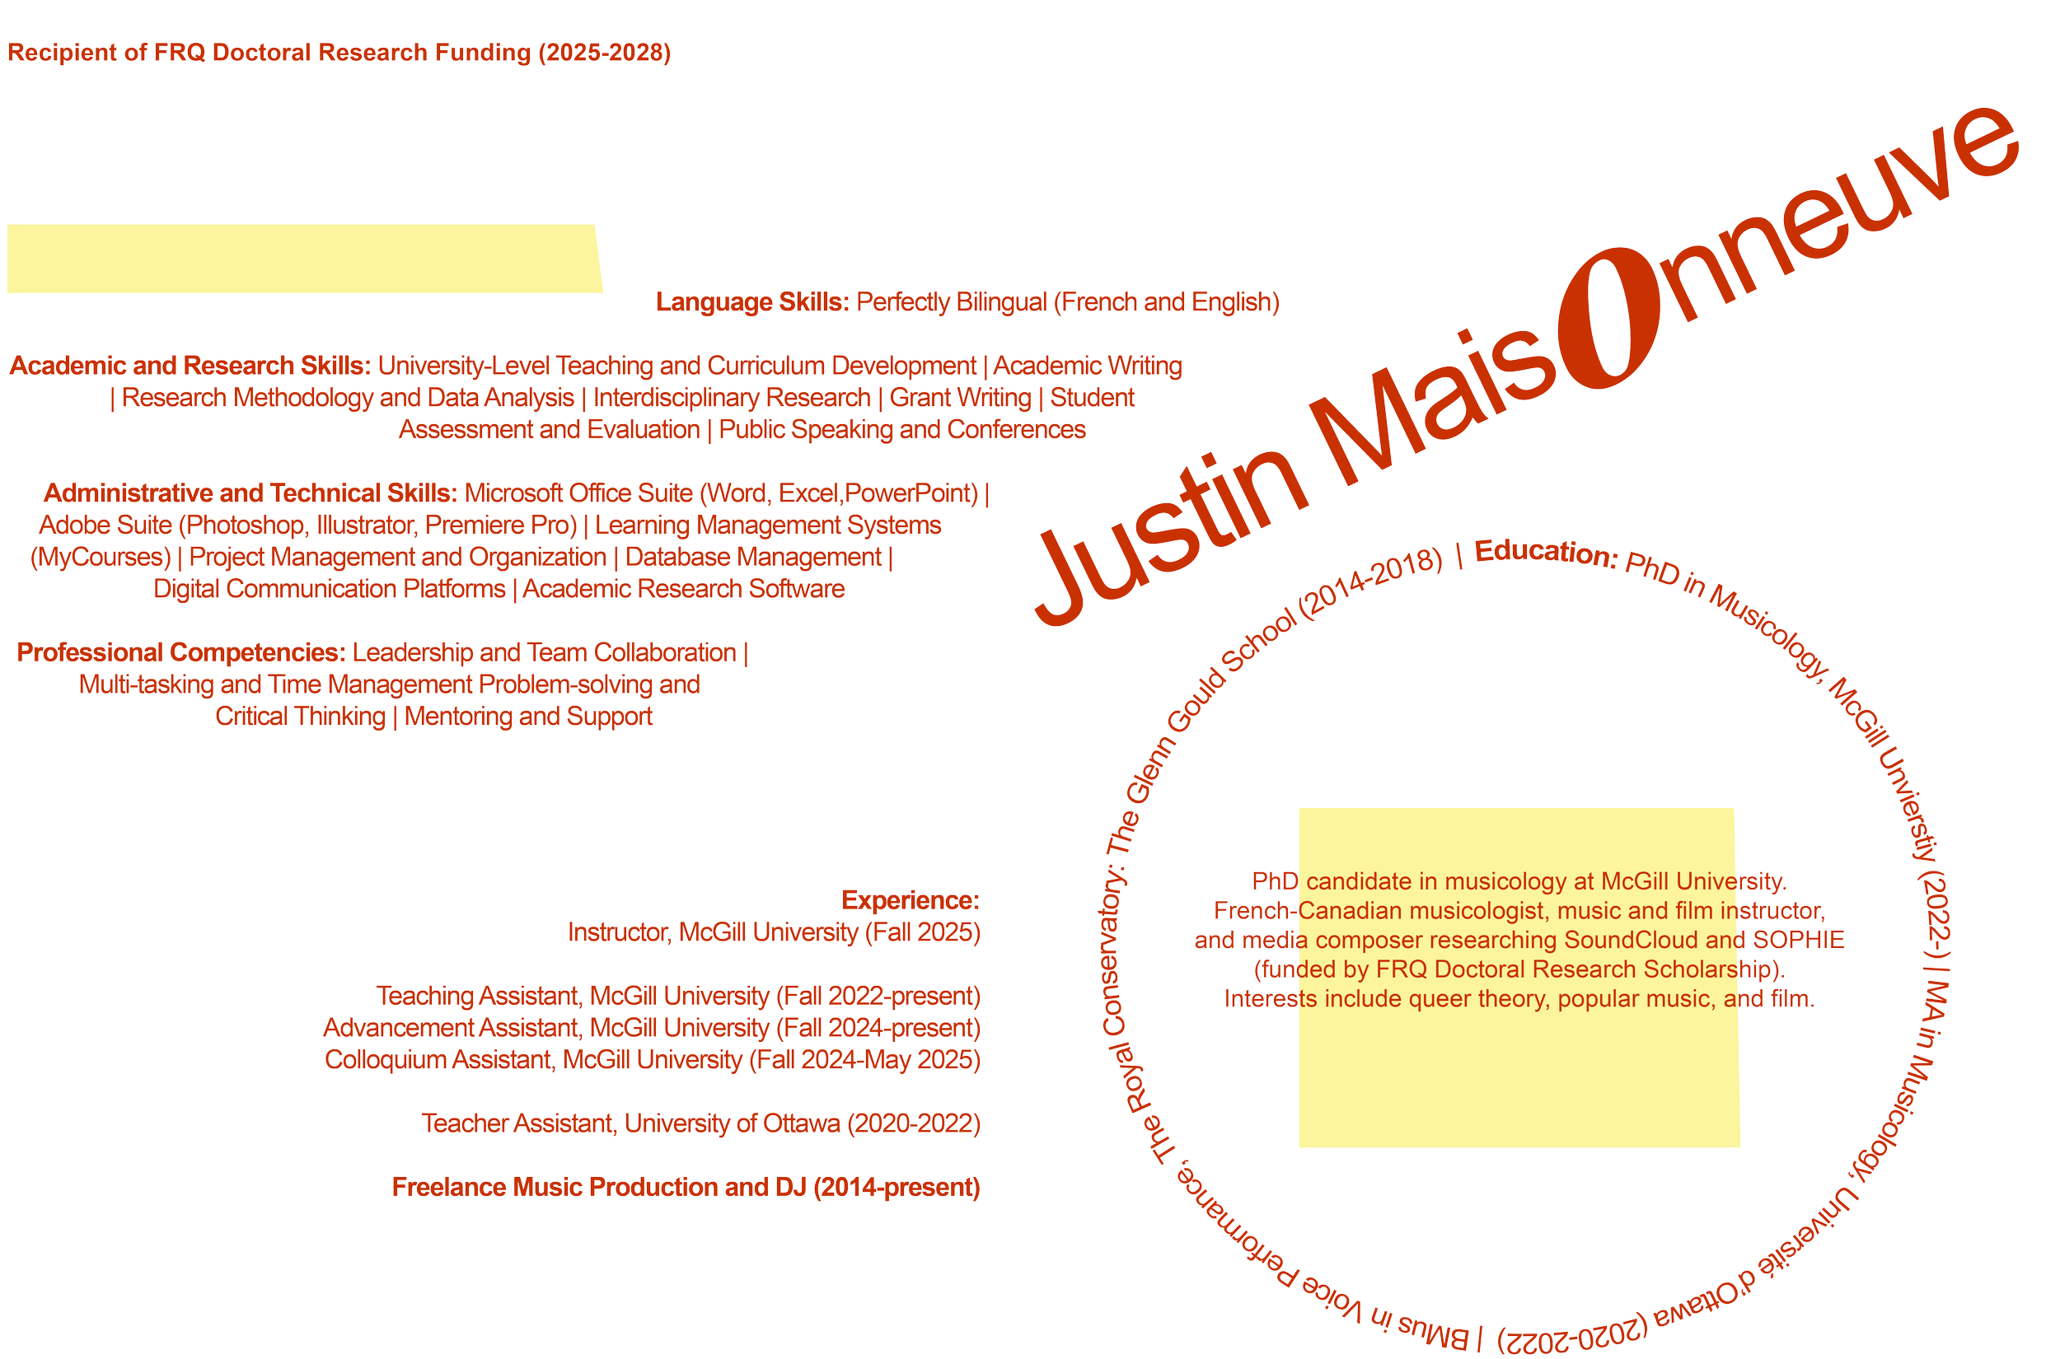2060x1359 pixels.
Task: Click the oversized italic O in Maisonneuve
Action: pyautogui.click(x=1608, y=318)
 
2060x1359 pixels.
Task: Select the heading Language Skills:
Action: pyautogui.click(x=751, y=301)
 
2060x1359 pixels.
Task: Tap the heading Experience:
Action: pyautogui.click(x=911, y=900)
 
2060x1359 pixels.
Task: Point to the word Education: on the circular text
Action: pyautogui.click(x=1544, y=553)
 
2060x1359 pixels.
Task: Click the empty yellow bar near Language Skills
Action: pyautogui.click(x=303, y=259)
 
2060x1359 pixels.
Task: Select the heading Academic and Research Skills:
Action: pyautogui.click(x=189, y=366)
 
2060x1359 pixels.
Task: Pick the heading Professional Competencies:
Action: pyautogui.click(x=180, y=651)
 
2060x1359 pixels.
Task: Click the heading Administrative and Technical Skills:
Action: pyautogui.click(x=250, y=493)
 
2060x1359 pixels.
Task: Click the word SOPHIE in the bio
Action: pyautogui.click(x=1798, y=941)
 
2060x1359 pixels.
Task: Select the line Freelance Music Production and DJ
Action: pyautogui.click(x=685, y=1187)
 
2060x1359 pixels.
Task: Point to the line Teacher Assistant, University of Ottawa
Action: pyautogui.click(x=700, y=1123)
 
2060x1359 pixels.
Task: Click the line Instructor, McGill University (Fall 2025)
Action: pyautogui.click(x=774, y=932)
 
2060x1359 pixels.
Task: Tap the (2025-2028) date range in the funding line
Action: pyautogui.click(x=604, y=53)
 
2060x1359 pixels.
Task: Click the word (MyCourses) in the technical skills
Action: pyautogui.click(x=101, y=557)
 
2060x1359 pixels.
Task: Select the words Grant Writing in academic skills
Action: pyautogui.click(x=960, y=398)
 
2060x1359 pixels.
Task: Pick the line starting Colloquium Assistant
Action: pyautogui.click(x=652, y=1060)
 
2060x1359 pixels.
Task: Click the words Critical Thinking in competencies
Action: pyautogui.click(x=300, y=717)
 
